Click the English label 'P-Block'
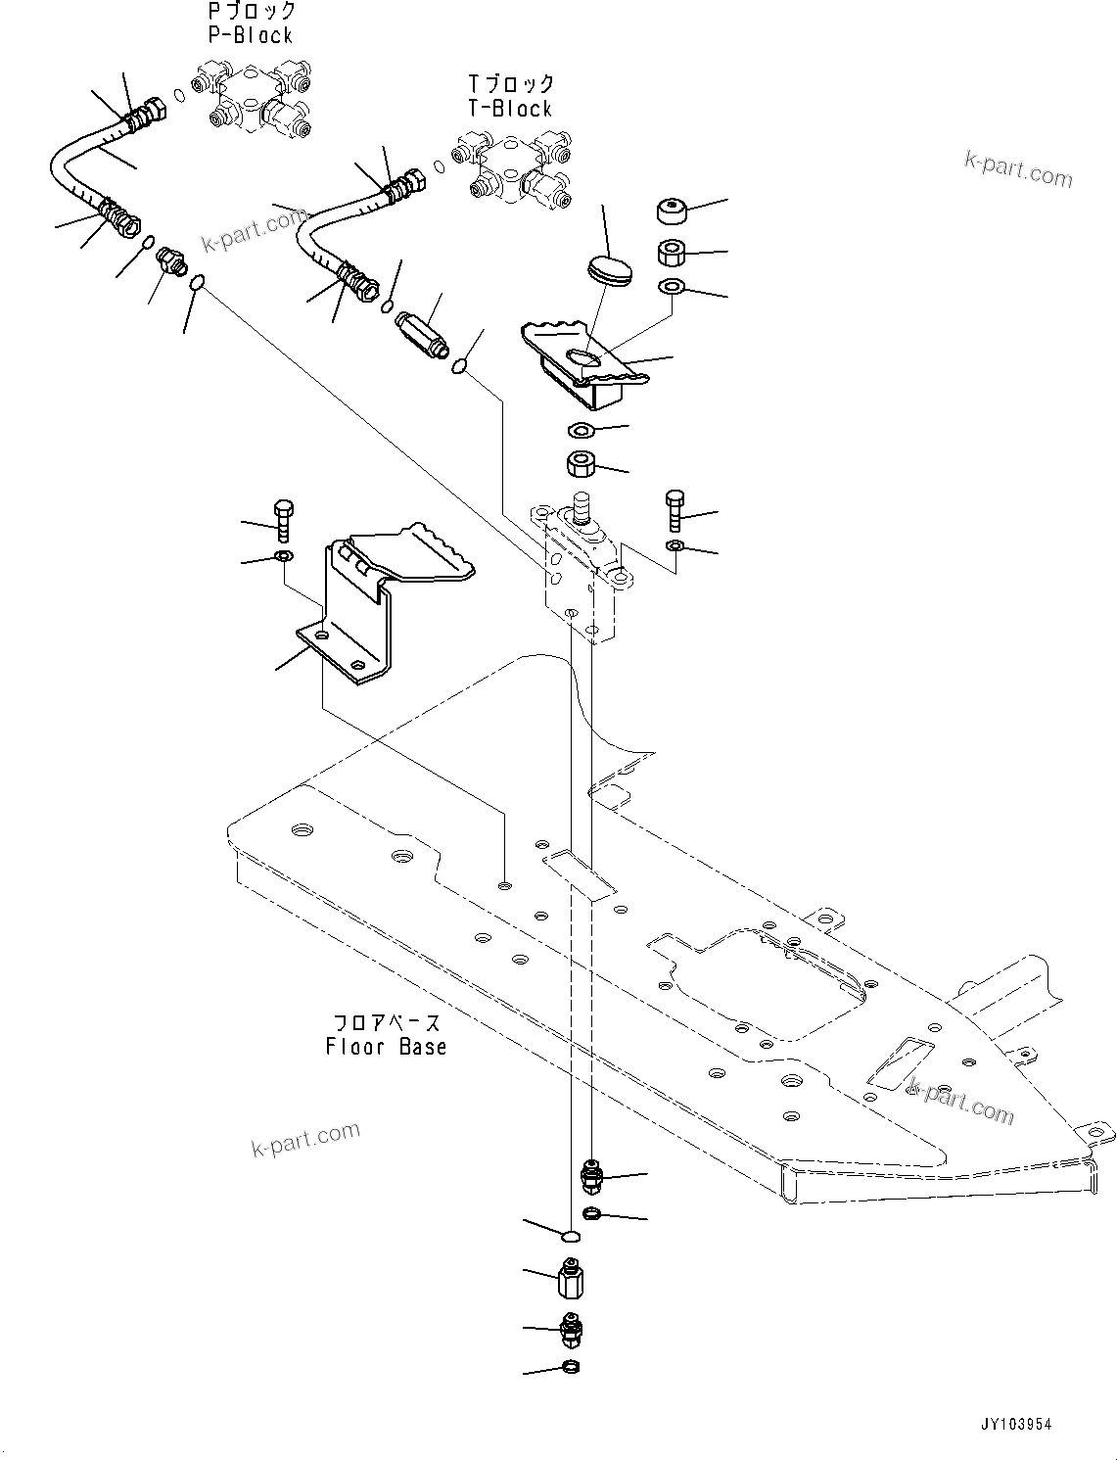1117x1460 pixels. point(251,35)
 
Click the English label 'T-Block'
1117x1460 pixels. point(510,109)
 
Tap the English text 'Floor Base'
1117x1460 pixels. point(386,1046)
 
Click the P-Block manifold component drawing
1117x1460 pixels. point(256,97)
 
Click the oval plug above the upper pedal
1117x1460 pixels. point(610,268)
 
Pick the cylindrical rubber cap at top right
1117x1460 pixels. point(671,211)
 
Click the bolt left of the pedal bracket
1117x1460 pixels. point(282,520)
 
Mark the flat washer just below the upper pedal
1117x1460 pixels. point(582,430)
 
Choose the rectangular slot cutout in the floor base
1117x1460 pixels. point(579,872)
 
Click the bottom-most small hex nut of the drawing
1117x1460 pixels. point(571,1367)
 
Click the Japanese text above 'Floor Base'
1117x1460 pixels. point(388,1022)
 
